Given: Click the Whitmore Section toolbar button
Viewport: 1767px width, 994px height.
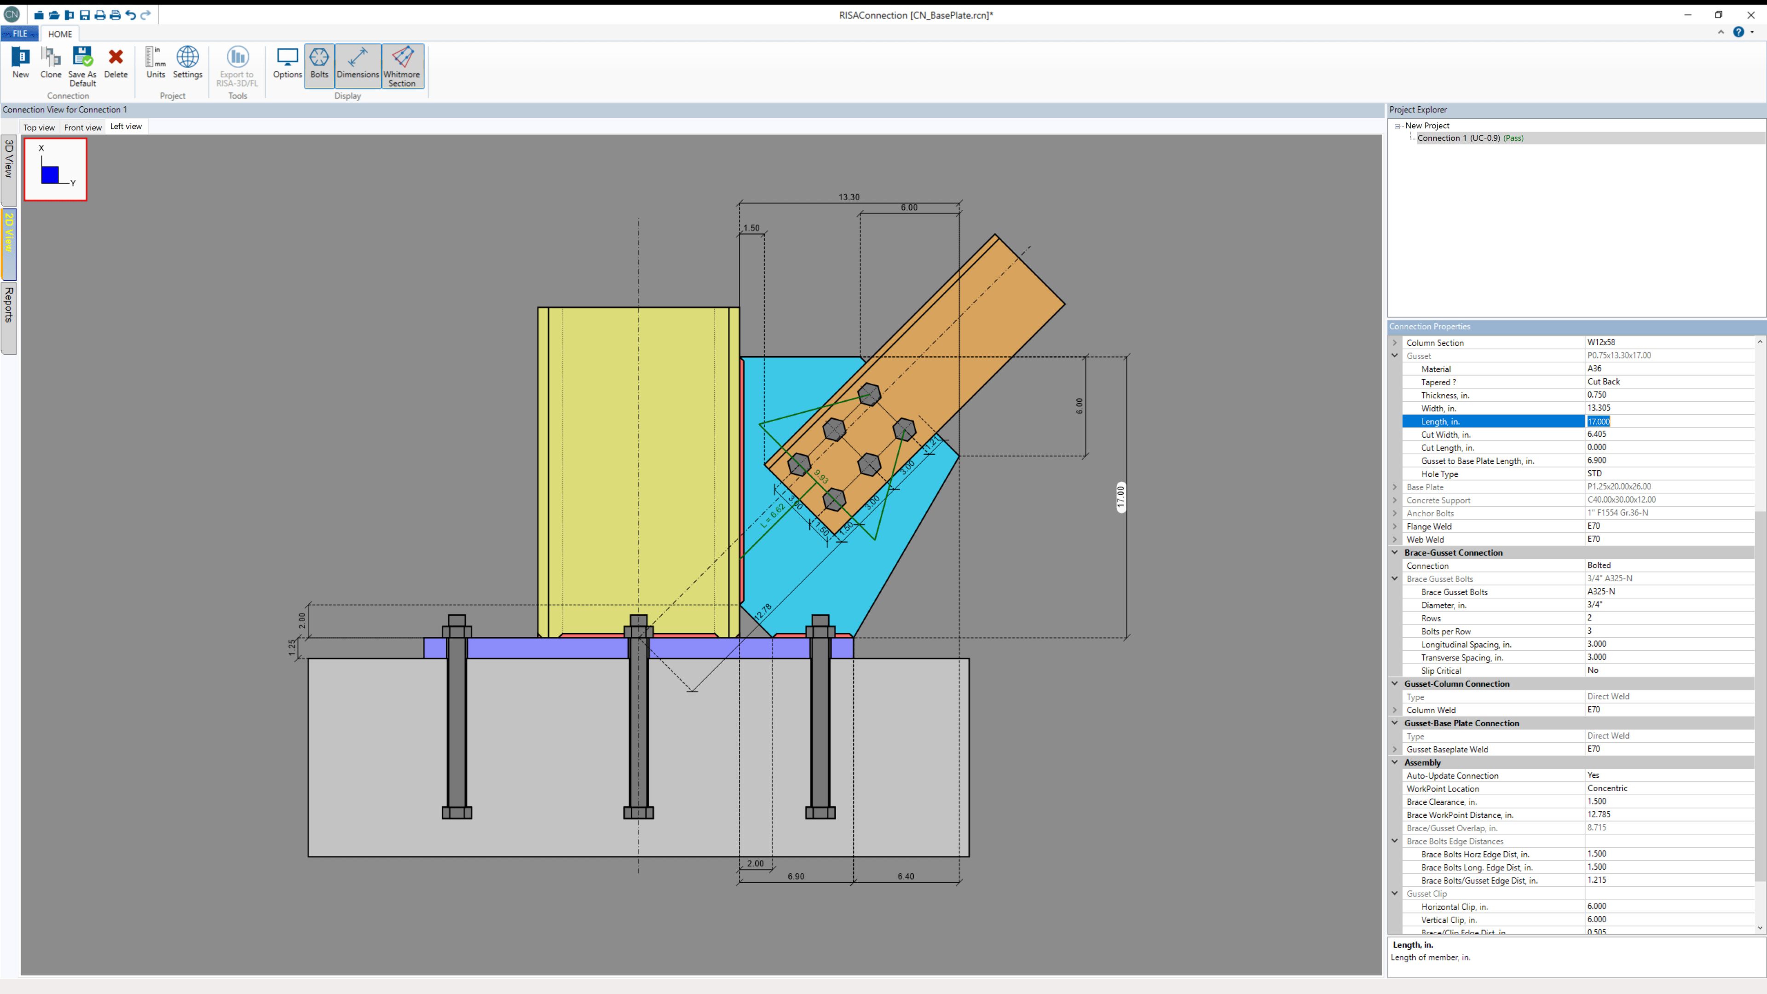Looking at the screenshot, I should (402, 66).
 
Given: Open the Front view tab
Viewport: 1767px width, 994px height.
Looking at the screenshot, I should (83, 127).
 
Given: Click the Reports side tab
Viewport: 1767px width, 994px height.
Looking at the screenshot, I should (9, 305).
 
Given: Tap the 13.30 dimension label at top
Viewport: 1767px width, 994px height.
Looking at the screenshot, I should (849, 197).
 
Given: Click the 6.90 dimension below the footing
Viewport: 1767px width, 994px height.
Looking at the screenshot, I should (796, 876).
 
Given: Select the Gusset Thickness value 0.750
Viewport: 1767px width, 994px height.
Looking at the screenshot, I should (1597, 395).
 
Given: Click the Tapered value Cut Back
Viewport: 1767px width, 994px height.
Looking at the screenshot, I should (1604, 382).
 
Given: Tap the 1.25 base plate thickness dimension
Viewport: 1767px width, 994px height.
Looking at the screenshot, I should (292, 647).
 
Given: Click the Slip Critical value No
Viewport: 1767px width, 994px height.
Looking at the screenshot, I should (1593, 671).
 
